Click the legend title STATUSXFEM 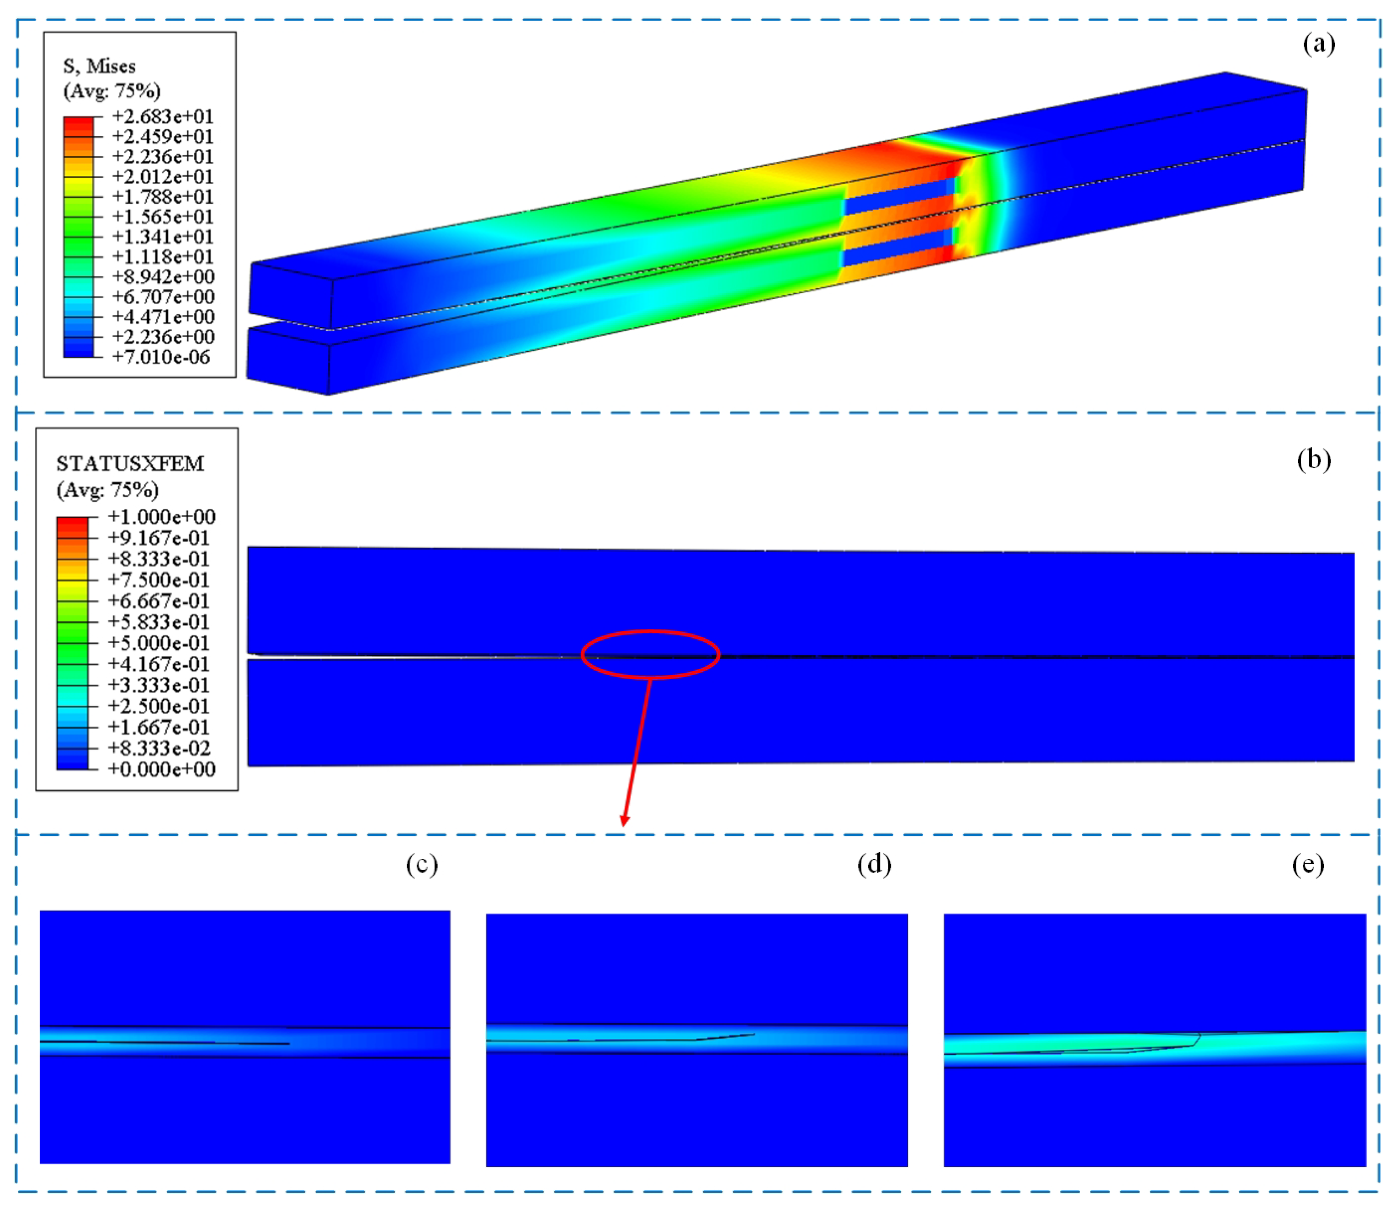(130, 464)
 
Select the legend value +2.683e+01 (163, 117)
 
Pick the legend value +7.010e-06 (161, 357)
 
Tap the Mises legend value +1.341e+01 (163, 237)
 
